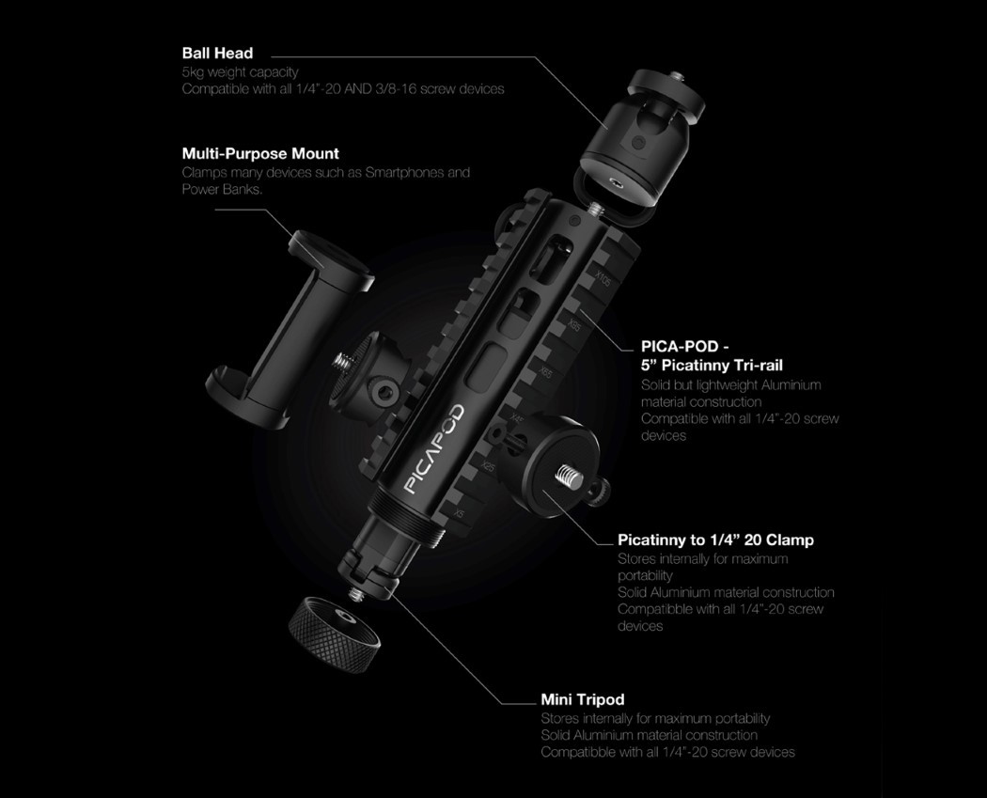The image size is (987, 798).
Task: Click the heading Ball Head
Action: [x=217, y=54]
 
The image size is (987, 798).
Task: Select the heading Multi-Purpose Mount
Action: [x=260, y=153]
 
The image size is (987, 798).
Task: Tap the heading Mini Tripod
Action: [x=582, y=699]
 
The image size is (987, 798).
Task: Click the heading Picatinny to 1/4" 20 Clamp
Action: [x=715, y=540]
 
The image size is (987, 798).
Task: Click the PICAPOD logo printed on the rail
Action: [x=434, y=448]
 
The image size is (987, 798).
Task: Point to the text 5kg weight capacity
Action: [x=240, y=71]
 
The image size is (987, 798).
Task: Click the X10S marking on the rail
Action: [x=603, y=278]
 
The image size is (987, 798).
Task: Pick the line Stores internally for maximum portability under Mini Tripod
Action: [x=655, y=718]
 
